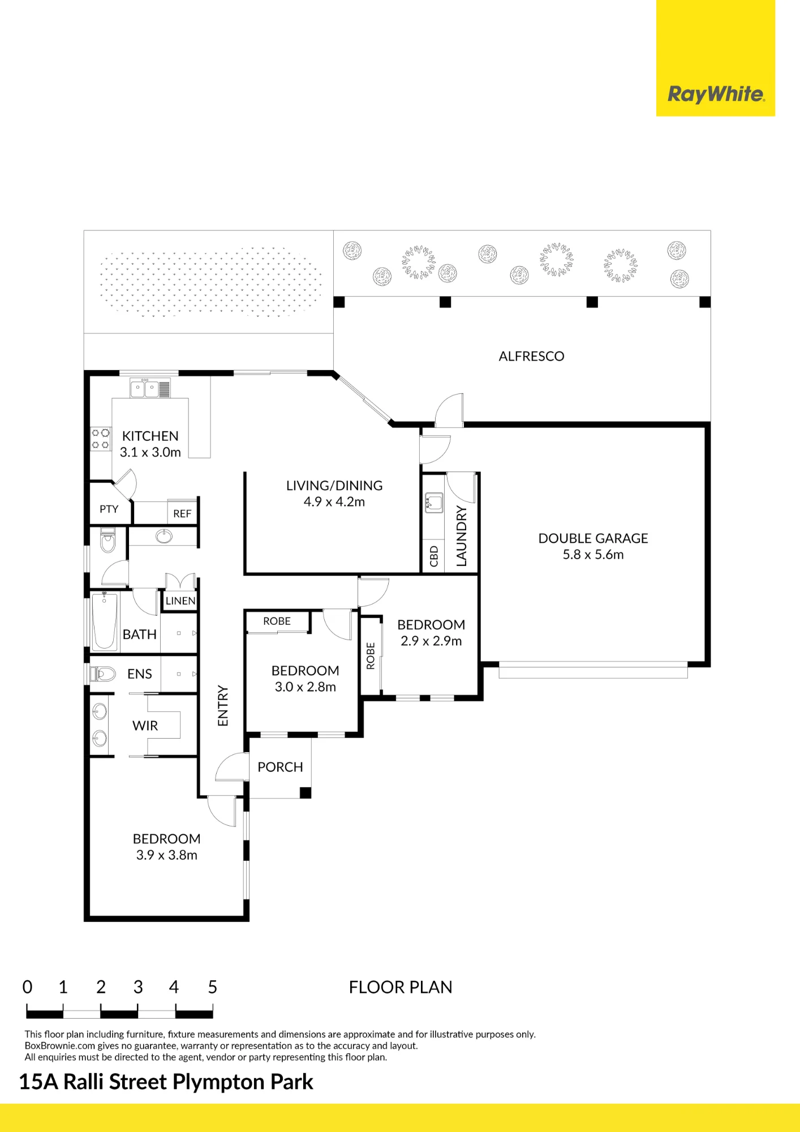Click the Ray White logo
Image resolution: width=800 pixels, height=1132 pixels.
click(x=716, y=94)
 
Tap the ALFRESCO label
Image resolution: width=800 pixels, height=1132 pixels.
click(x=531, y=356)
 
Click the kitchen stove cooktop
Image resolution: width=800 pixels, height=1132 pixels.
click(x=101, y=439)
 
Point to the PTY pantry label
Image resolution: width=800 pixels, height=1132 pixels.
click(x=109, y=509)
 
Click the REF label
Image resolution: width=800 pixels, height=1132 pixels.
click(x=182, y=513)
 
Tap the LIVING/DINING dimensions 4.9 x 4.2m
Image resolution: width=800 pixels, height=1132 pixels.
click(x=334, y=501)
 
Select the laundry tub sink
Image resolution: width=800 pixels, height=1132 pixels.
click(x=434, y=502)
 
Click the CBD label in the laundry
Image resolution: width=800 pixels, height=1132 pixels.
click(x=434, y=556)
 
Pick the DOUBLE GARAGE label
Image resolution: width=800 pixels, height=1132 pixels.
click(x=593, y=538)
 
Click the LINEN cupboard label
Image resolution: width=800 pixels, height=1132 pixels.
click(x=180, y=601)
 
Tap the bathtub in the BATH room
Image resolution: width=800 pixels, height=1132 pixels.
click(x=105, y=620)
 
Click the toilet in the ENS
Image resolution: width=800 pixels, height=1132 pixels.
click(x=102, y=674)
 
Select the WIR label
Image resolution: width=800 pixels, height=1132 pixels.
click(x=145, y=726)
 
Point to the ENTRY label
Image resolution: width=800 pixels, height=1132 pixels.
click(x=223, y=706)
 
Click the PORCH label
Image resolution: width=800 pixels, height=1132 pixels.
click(x=280, y=767)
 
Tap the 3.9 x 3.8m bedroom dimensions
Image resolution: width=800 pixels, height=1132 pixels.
click(x=166, y=855)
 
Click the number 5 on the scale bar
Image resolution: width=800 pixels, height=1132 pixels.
click(x=212, y=987)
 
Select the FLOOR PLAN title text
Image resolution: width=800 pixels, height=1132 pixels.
click(x=401, y=987)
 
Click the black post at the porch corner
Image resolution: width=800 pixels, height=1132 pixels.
click(x=306, y=793)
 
